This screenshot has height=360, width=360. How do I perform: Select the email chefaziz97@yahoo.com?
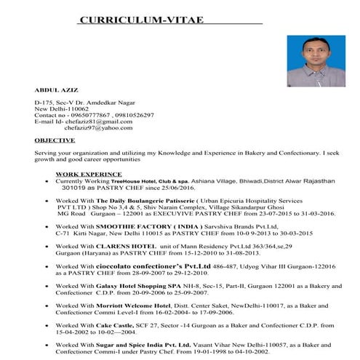click(97, 128)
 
